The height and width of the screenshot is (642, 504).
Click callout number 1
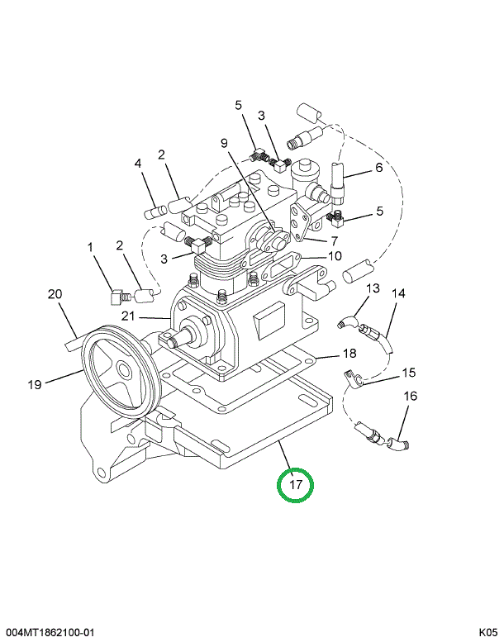pyautogui.click(x=92, y=246)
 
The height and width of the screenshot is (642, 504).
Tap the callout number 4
pyautogui.click(x=139, y=163)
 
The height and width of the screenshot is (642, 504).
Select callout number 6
pyautogui.click(x=379, y=167)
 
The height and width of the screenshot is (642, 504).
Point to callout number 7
pyautogui.click(x=335, y=241)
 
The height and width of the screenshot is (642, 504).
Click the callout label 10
pyautogui.click(x=335, y=256)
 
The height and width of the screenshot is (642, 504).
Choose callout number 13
pyautogui.click(x=373, y=288)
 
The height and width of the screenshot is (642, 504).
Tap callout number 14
pyautogui.click(x=399, y=292)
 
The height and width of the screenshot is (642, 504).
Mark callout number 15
pyautogui.click(x=410, y=372)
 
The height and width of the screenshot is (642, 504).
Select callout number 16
pyautogui.click(x=411, y=396)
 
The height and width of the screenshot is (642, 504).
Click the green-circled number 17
pyautogui.click(x=296, y=484)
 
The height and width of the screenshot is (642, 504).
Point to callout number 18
pyautogui.click(x=349, y=354)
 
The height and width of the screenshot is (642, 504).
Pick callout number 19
pyautogui.click(x=35, y=383)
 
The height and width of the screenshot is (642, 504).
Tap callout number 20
pyautogui.click(x=55, y=294)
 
